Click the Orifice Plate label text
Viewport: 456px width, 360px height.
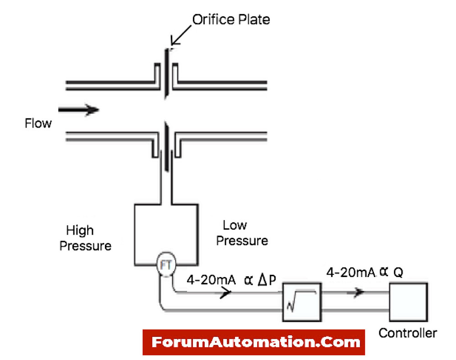tap(231, 20)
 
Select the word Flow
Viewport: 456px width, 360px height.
tap(38, 123)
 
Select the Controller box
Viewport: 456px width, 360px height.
tap(408, 302)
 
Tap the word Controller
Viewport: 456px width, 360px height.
tap(408, 333)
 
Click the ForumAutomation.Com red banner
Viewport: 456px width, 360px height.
tap(254, 342)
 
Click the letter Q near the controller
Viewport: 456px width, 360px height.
tap(398, 273)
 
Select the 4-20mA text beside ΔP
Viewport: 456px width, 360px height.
tap(211, 280)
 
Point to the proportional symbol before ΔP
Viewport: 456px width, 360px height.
tap(249, 280)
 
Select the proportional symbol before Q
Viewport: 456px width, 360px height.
tap(384, 272)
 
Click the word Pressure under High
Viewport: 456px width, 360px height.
tap(86, 246)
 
